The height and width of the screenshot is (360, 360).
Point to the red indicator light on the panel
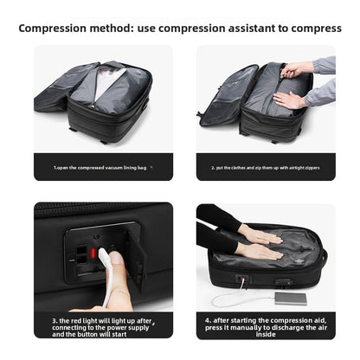point(82,252)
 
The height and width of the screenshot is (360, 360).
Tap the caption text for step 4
point(265,325)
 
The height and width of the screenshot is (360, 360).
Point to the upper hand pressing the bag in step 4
point(260,235)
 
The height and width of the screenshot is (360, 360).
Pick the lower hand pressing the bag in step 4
point(260,252)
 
